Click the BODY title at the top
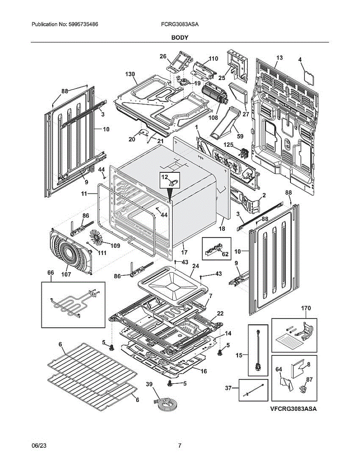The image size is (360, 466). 180,38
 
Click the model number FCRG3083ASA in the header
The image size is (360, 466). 180,24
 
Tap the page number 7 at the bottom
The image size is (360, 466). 179,446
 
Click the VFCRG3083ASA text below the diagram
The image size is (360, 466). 293,409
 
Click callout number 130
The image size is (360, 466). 130,74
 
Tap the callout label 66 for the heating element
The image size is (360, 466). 50,273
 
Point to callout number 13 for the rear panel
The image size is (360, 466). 279,58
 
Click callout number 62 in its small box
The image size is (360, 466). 225,254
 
